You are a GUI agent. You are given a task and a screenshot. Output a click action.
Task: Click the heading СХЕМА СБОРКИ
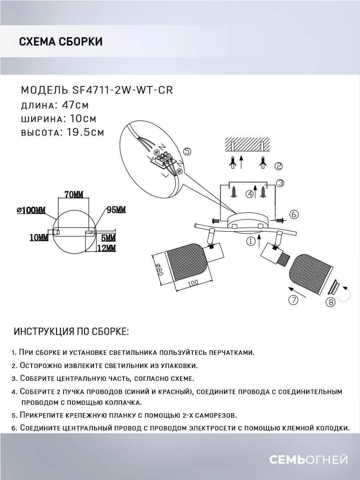60,42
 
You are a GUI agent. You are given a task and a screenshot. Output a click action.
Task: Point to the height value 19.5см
84,132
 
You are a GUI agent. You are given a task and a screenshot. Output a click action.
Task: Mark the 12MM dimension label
106,248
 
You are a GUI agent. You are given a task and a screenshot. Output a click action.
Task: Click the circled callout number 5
187,151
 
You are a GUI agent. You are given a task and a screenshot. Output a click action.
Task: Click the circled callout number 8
330,302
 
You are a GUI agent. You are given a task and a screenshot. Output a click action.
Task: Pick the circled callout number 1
251,241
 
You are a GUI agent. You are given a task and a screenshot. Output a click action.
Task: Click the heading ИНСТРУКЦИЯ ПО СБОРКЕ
72,332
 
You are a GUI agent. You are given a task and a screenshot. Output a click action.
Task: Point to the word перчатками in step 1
231,352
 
